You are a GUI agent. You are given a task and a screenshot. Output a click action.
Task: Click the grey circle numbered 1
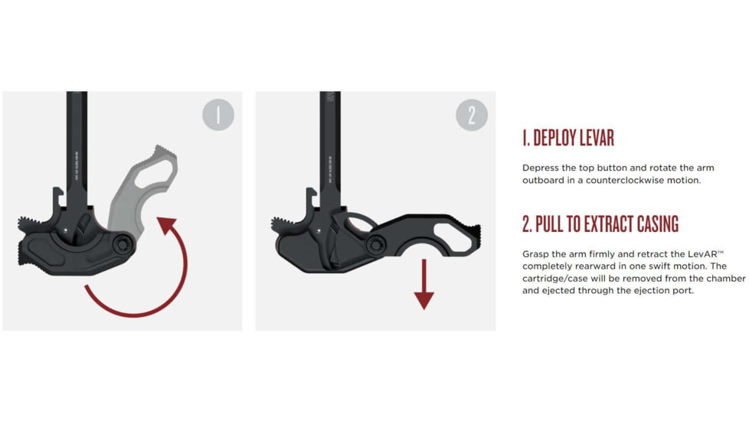coord(218,115)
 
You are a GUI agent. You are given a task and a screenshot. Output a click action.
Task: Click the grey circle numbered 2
coord(472,115)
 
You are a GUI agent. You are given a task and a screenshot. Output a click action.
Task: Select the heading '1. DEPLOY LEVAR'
coord(568,139)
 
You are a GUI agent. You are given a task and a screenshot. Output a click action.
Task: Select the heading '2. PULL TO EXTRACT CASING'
coord(600,224)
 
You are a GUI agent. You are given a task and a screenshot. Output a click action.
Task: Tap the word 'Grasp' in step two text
coord(537,253)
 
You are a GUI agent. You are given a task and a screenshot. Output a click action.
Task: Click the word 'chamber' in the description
coord(723,278)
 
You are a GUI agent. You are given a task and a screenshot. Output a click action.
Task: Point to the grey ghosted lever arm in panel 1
coord(146,180)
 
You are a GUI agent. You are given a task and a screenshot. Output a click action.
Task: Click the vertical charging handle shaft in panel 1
coord(77,145)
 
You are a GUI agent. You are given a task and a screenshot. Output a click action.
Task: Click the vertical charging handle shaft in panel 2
coord(330,145)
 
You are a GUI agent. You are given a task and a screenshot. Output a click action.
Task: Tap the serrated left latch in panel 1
coord(31,224)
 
